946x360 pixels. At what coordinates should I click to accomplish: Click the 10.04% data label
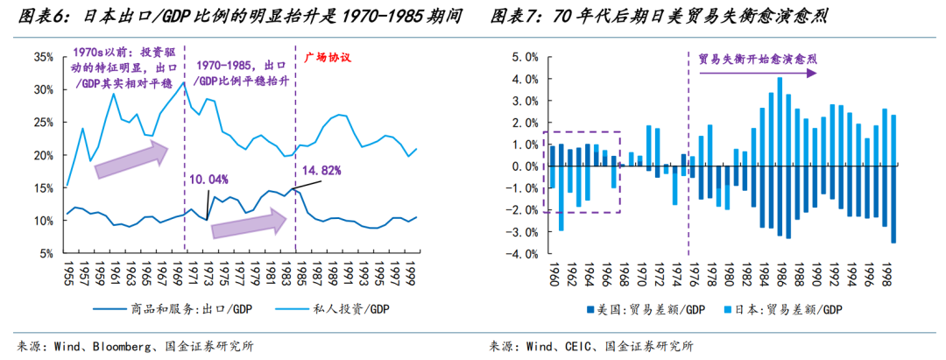pyautogui.click(x=209, y=180)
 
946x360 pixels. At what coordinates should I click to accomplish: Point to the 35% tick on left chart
pyautogui.click(x=44, y=57)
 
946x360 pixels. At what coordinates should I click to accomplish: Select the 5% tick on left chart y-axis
pyautogui.click(x=46, y=253)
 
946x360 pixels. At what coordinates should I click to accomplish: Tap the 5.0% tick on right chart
pyautogui.click(x=523, y=57)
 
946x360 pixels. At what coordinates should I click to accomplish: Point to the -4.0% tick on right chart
pyautogui.click(x=521, y=254)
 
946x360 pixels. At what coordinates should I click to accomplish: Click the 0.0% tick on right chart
pyautogui.click(x=523, y=166)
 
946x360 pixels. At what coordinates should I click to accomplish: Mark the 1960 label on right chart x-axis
pyautogui.click(x=553, y=274)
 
